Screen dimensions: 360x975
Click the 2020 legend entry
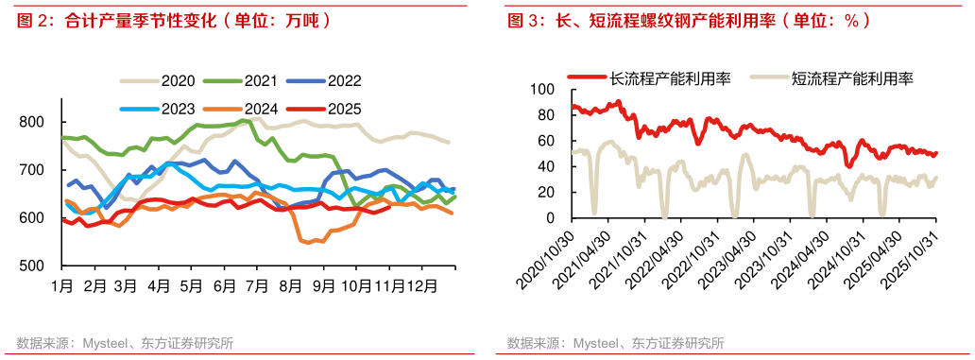tap(161, 82)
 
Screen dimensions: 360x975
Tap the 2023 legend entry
tap(161, 108)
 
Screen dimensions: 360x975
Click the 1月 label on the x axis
tap(62, 284)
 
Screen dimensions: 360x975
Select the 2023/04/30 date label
tap(729, 257)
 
